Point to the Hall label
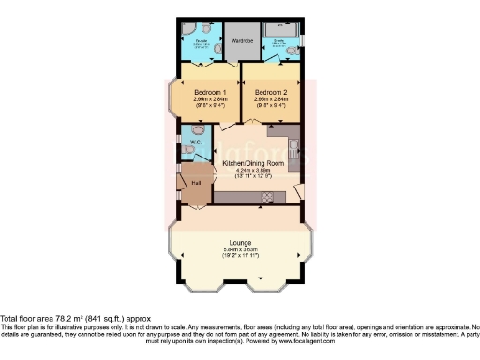pyautogui.click(x=197, y=183)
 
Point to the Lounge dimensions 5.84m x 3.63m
pyautogui.click(x=239, y=251)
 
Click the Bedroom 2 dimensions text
pyautogui.click(x=270, y=104)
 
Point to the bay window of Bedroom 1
pyautogui.click(x=172, y=98)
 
